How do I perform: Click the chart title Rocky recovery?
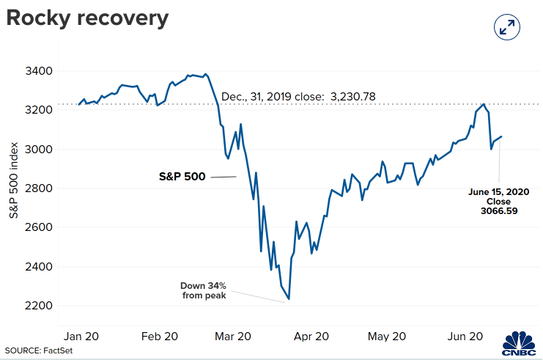coord(87,19)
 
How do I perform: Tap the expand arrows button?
coord(507,27)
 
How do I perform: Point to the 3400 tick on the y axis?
coord(39,71)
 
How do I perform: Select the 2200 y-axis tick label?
coord(39,306)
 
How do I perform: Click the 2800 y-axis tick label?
coord(39,188)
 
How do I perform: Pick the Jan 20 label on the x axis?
coord(81,336)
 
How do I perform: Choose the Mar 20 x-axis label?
coord(233,336)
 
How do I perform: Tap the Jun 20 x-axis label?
coord(465,336)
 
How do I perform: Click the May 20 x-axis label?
coord(387,336)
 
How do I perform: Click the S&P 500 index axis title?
coord(13,180)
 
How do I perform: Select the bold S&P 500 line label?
coord(182,177)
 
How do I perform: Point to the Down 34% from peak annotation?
coord(204,290)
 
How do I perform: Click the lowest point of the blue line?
coord(289,298)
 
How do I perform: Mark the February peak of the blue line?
coord(206,74)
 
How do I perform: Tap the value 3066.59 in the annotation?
coord(499,210)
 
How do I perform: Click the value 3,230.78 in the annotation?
coord(353,96)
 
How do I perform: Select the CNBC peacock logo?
coord(519,343)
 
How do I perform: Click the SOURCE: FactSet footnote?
coord(39,350)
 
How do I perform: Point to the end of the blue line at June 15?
coord(501,136)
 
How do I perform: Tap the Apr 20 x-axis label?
coord(311,336)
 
